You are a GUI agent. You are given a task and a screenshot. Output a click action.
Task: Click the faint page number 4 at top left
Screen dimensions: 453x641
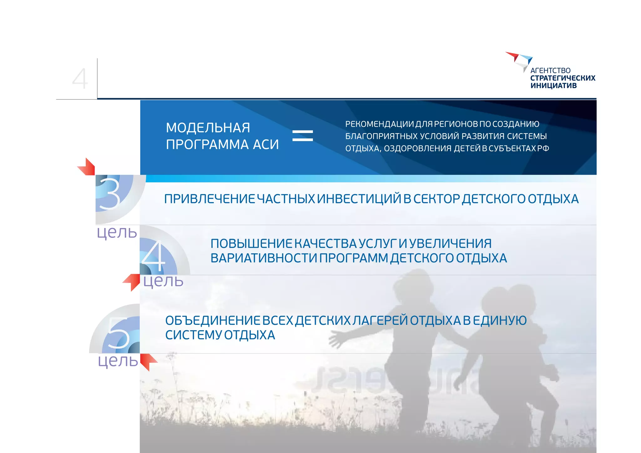[80, 79]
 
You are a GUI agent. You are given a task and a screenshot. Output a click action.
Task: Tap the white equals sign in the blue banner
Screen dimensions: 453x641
[302, 136]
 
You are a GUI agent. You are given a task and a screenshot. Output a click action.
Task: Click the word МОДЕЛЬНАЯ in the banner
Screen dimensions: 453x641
[208, 128]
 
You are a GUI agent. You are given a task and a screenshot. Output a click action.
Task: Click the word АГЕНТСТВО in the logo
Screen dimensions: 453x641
[550, 71]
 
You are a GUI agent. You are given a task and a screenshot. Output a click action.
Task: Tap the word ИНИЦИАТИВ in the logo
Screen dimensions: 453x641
[553, 86]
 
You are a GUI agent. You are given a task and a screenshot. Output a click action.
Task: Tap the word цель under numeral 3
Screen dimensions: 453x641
[117, 232]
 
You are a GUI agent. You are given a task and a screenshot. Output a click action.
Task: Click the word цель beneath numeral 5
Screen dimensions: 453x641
[118, 361]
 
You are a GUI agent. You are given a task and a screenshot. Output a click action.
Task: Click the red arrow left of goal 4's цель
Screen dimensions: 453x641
[132, 282]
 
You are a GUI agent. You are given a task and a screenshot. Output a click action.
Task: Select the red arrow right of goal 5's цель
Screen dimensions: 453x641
[148, 362]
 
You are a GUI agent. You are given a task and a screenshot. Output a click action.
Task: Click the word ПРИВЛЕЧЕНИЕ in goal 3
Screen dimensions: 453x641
[209, 199]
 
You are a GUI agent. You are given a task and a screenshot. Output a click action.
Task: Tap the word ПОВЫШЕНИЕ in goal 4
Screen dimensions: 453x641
[251, 243]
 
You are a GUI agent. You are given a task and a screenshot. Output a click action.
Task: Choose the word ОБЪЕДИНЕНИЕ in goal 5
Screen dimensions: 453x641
[212, 320]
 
